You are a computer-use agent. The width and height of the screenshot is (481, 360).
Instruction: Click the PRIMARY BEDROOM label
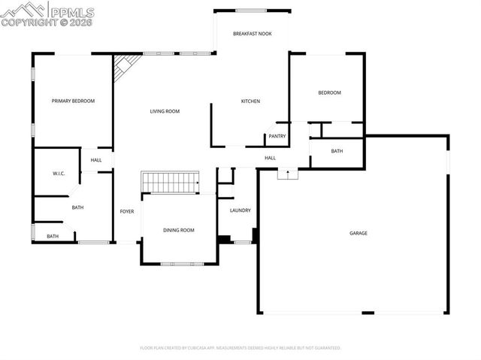73,101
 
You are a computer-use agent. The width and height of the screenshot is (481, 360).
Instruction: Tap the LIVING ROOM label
165,111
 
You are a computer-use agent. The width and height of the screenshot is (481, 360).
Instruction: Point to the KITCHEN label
250,101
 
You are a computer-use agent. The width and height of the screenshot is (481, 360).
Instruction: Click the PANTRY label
277,136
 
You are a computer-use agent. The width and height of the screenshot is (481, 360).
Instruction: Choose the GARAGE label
358,233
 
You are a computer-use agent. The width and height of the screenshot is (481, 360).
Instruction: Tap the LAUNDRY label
240,210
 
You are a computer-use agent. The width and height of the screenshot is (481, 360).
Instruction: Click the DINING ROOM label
179,230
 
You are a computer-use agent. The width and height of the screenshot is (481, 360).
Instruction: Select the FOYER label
127,211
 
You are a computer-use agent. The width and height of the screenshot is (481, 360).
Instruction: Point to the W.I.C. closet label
59,174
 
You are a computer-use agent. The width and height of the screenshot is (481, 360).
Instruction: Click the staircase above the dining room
171,182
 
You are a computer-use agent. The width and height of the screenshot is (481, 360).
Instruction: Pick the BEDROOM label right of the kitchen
329,93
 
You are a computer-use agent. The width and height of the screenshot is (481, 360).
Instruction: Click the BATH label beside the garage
337,151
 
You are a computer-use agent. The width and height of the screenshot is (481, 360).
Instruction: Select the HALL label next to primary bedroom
96,160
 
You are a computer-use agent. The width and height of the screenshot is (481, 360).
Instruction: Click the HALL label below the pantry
270,158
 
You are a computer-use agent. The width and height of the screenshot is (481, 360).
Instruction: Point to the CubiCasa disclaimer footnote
240,348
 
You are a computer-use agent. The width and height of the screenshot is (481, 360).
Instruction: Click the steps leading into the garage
288,174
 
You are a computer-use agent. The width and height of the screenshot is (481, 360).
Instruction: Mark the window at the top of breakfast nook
252,11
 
